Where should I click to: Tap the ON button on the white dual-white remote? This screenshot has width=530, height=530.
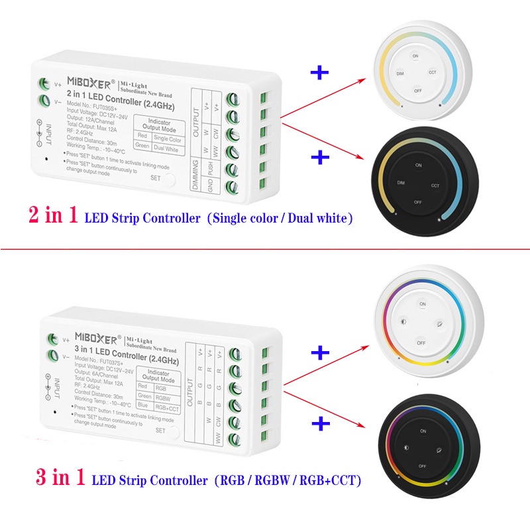pyautogui.click(x=415, y=56)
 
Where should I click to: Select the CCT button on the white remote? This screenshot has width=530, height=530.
pyautogui.click(x=433, y=72)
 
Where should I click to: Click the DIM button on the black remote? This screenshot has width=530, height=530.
pyautogui.click(x=400, y=181)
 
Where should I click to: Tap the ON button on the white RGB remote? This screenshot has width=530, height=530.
pyautogui.click(x=422, y=304)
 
